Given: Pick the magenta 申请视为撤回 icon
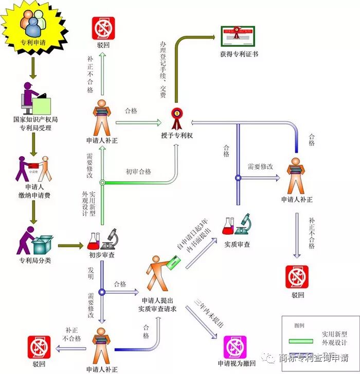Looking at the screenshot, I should (235, 347).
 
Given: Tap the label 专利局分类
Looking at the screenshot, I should (34, 260).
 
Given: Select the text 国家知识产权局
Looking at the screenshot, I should (34, 119).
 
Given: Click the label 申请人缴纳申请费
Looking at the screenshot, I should (34, 191).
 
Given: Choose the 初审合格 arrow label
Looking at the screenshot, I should (138, 172).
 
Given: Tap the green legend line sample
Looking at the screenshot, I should (301, 341).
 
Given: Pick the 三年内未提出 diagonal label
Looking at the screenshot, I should (209, 313).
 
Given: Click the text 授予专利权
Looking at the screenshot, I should (176, 135).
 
